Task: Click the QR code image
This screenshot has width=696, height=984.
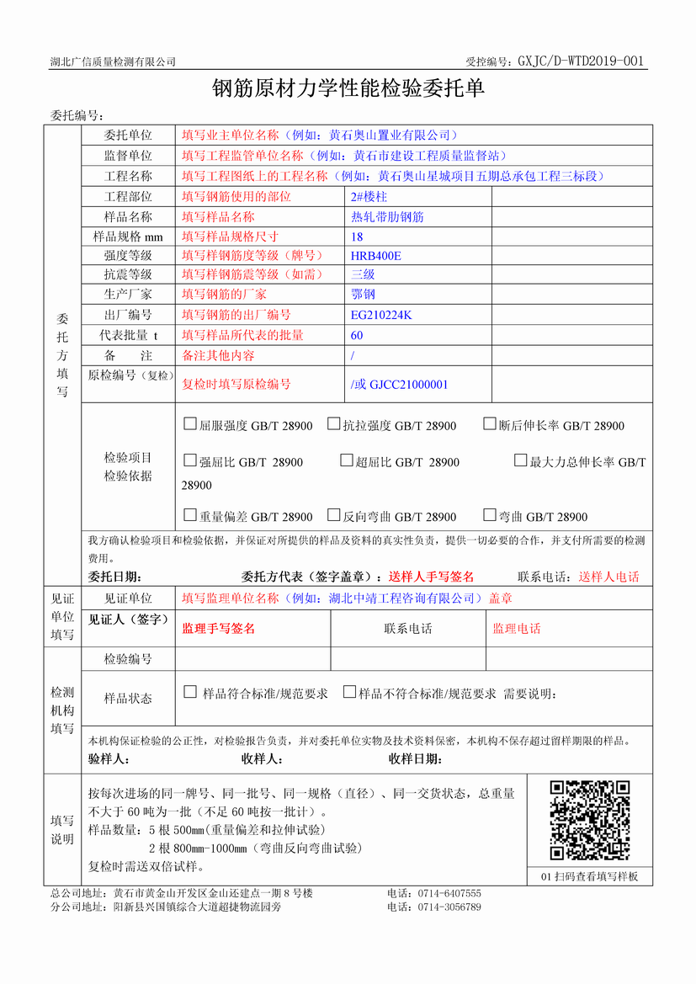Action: tap(589, 821)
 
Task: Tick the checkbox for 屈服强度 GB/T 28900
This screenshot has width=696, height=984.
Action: tap(189, 424)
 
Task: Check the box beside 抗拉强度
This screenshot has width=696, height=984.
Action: tap(333, 424)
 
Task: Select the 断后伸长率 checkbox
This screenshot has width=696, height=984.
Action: tap(490, 424)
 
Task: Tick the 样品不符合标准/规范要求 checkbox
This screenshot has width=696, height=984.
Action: tap(348, 693)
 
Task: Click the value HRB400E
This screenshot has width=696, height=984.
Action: tap(376, 255)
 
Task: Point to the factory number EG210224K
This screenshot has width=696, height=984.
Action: tap(381, 316)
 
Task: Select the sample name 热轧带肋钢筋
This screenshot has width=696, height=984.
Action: tap(387, 216)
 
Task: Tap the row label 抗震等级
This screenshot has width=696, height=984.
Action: tap(128, 274)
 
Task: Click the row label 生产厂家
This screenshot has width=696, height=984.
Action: tap(128, 295)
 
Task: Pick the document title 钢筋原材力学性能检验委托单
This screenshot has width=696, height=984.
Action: tap(348, 89)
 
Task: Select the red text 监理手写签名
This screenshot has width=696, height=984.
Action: tap(218, 629)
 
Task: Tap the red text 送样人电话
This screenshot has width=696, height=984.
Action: tap(608, 577)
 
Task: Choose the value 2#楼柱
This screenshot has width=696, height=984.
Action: tap(369, 196)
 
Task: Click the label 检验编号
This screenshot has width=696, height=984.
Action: tap(128, 658)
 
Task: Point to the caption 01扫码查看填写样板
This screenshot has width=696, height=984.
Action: tap(589, 876)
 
